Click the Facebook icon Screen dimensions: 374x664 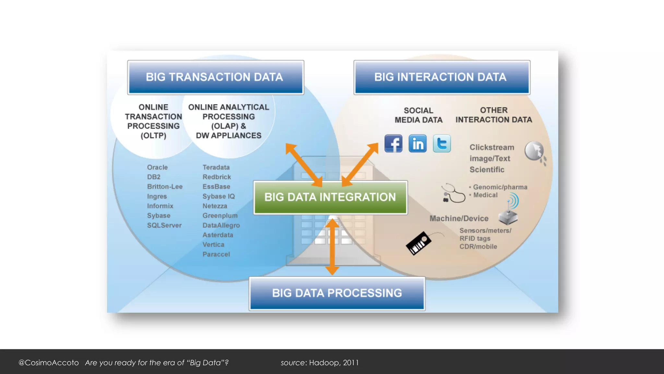pyautogui.click(x=393, y=143)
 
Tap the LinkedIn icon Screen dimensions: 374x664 pyautogui.click(x=418, y=143)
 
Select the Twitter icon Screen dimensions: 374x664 pyautogui.click(x=442, y=143)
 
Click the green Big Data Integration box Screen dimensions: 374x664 pyautogui.click(x=330, y=197)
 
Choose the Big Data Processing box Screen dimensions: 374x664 pyautogui.click(x=337, y=293)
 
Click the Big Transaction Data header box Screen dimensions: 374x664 pyautogui.click(x=215, y=77)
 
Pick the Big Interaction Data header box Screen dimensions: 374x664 pyautogui.click(x=442, y=77)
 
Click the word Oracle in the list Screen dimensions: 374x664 pyautogui.click(x=157, y=167)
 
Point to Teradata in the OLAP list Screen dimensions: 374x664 pyautogui.click(x=216, y=167)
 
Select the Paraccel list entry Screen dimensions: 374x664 pyautogui.click(x=216, y=254)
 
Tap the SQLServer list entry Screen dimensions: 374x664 pyautogui.click(x=164, y=225)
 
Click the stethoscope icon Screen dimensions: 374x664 pyautogui.click(x=453, y=193)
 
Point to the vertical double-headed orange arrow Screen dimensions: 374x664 pyautogui.click(x=332, y=247)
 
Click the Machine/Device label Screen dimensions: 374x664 pyautogui.click(x=459, y=218)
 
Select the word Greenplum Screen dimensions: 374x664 pyautogui.click(x=220, y=216)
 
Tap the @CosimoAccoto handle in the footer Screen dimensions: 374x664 pyautogui.click(x=49, y=363)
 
